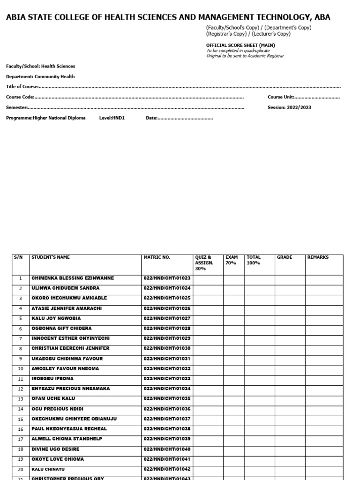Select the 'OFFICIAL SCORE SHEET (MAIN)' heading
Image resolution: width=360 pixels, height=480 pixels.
[240, 45]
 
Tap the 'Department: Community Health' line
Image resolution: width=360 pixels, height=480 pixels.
[40, 76]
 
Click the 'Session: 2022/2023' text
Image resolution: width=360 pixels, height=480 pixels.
[289, 107]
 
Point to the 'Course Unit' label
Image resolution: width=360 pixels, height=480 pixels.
[281, 97]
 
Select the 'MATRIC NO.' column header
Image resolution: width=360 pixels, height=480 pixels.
[157, 257]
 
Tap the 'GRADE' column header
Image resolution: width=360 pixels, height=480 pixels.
[285, 257]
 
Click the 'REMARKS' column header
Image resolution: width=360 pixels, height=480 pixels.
[318, 257]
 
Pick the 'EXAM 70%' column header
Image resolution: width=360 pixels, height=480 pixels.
[232, 260]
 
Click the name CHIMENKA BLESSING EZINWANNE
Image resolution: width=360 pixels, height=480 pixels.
[73, 278]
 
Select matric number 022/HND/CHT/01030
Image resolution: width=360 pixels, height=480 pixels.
[167, 348]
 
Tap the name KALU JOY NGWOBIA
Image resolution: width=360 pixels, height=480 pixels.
[56, 318]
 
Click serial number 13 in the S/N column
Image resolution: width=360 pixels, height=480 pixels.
[21, 399]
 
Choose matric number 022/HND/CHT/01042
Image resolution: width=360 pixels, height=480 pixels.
[167, 469]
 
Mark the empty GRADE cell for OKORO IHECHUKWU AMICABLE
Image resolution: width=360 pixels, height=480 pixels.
[290, 298]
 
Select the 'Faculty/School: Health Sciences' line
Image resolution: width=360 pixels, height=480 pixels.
[40, 67]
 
